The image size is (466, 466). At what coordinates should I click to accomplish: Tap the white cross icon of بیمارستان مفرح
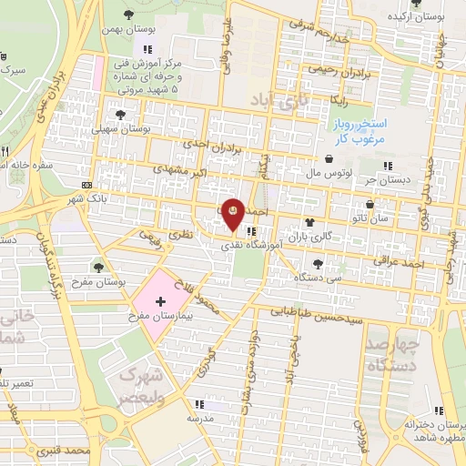tap(161, 299)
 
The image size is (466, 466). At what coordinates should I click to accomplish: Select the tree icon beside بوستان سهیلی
tap(121, 115)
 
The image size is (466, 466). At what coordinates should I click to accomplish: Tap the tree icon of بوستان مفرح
tap(97, 267)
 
